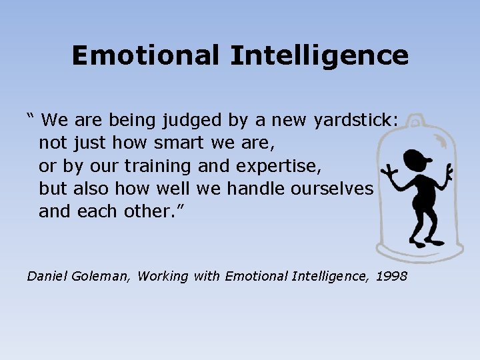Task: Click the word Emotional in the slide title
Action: (146, 55)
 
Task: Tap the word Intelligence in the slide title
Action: (319, 56)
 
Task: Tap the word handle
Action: (256, 189)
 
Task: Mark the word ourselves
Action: (332, 189)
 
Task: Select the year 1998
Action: (391, 275)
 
